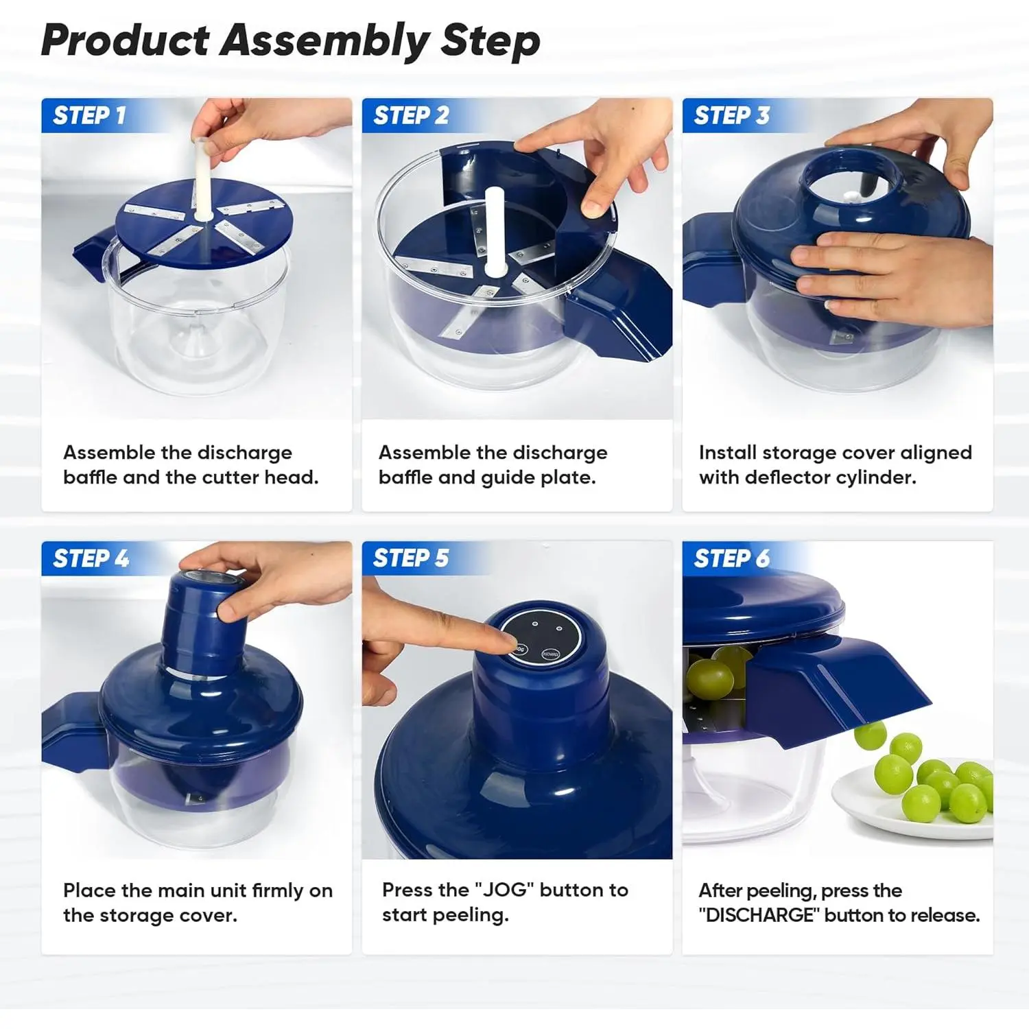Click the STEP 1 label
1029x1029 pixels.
(89, 115)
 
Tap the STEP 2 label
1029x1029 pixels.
(411, 115)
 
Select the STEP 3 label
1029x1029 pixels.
(731, 115)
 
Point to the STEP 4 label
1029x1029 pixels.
(91, 558)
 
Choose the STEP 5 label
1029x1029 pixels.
(410, 558)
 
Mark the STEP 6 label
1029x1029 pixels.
(731, 558)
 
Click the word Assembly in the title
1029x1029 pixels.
(325, 41)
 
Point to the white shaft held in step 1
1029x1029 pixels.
(203, 180)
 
